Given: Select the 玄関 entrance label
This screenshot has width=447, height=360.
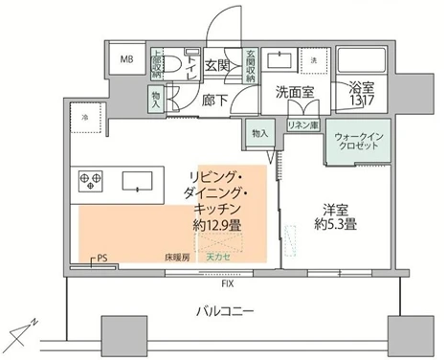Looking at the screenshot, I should click(218, 65).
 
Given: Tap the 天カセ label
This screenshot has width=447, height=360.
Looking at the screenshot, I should click(220, 257).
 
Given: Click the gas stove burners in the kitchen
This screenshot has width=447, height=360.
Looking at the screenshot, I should click(91, 179).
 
